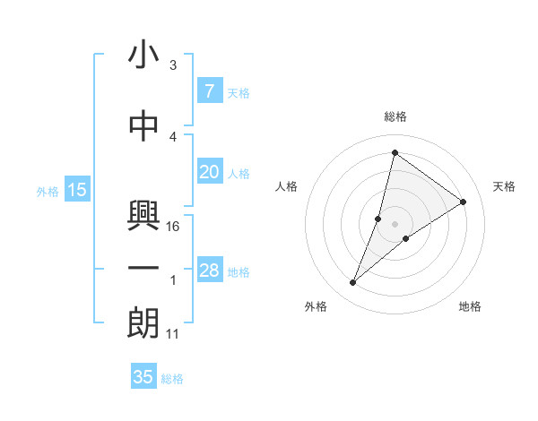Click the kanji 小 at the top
pyautogui.click(x=143, y=55)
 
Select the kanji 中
pyautogui.click(x=143, y=126)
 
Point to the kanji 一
pyautogui.click(x=143, y=268)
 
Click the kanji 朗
pyautogui.click(x=143, y=323)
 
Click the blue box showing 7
pyautogui.click(x=209, y=91)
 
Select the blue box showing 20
pyautogui.click(x=209, y=172)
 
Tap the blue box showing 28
pyautogui.click(x=209, y=271)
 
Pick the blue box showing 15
pyautogui.click(x=76, y=190)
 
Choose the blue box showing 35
pyautogui.click(x=143, y=377)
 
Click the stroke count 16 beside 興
pyautogui.click(x=174, y=227)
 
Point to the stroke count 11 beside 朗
pyautogui.click(x=174, y=334)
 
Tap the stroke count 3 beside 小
pyautogui.click(x=173, y=65)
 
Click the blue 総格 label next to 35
pyautogui.click(x=172, y=379)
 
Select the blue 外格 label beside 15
pyautogui.click(x=47, y=191)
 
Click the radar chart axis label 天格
pyautogui.click(x=505, y=186)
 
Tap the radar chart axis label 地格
pyautogui.click(x=470, y=306)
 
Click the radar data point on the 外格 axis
pyautogui.click(x=353, y=283)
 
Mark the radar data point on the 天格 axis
pyautogui.click(x=464, y=202)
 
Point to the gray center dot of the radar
pyautogui.click(x=395, y=224)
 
